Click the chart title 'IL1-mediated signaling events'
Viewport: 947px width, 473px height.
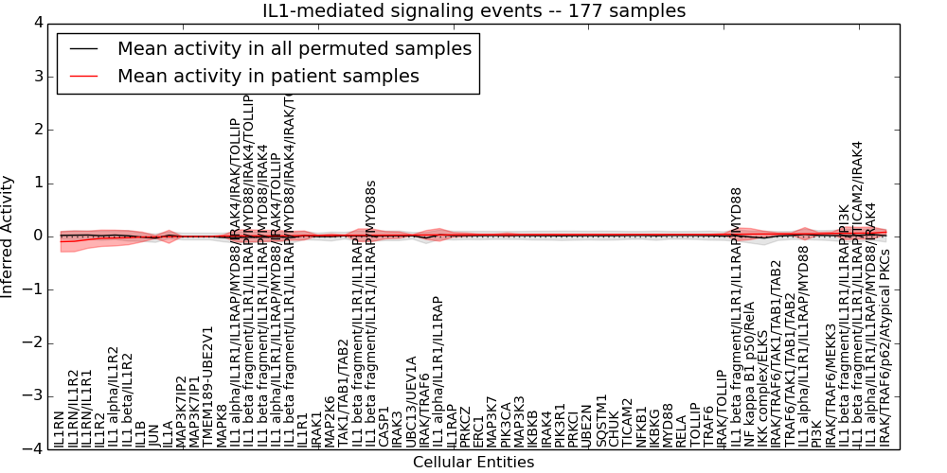coord(473,10)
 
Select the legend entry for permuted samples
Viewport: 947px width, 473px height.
coord(294,48)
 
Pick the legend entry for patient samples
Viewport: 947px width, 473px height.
coord(268,76)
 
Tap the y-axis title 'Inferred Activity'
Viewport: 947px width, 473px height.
coord(9,236)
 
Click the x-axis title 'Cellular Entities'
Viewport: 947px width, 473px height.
coord(473,463)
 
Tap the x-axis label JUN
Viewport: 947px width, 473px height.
coord(154,434)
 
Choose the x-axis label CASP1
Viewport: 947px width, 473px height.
coord(384,426)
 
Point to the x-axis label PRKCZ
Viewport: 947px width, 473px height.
coord(465,425)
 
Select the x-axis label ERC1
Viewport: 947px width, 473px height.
coord(478,430)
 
